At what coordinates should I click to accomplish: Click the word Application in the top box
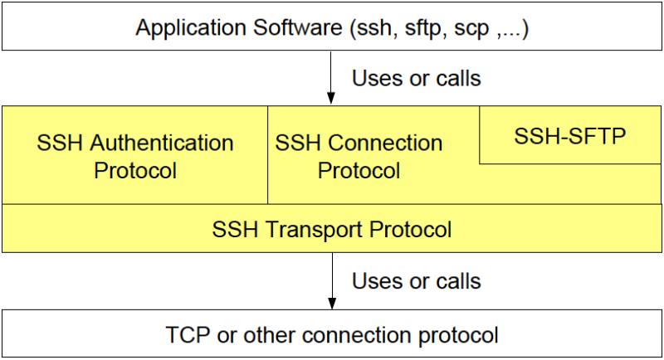click(x=191, y=29)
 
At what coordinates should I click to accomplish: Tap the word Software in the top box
click(x=298, y=27)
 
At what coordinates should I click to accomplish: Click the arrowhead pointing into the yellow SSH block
click(x=331, y=98)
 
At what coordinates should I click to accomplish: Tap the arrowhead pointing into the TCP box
click(x=332, y=303)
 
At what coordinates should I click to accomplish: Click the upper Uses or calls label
click(x=417, y=78)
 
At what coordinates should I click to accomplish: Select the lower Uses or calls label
click(x=417, y=281)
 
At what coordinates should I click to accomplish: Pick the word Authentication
click(x=162, y=143)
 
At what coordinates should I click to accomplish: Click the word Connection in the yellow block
click(x=385, y=143)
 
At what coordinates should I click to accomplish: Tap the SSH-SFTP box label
click(x=570, y=136)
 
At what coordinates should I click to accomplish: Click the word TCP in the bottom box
click(x=188, y=334)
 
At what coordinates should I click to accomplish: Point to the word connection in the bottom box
click(x=357, y=335)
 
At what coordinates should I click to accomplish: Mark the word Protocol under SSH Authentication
click(x=135, y=171)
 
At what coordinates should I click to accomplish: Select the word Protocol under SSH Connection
click(x=359, y=171)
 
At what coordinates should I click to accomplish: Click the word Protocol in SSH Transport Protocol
click(x=410, y=229)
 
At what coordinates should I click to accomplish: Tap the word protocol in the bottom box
click(x=458, y=335)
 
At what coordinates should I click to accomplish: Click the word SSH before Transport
click(x=235, y=229)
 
